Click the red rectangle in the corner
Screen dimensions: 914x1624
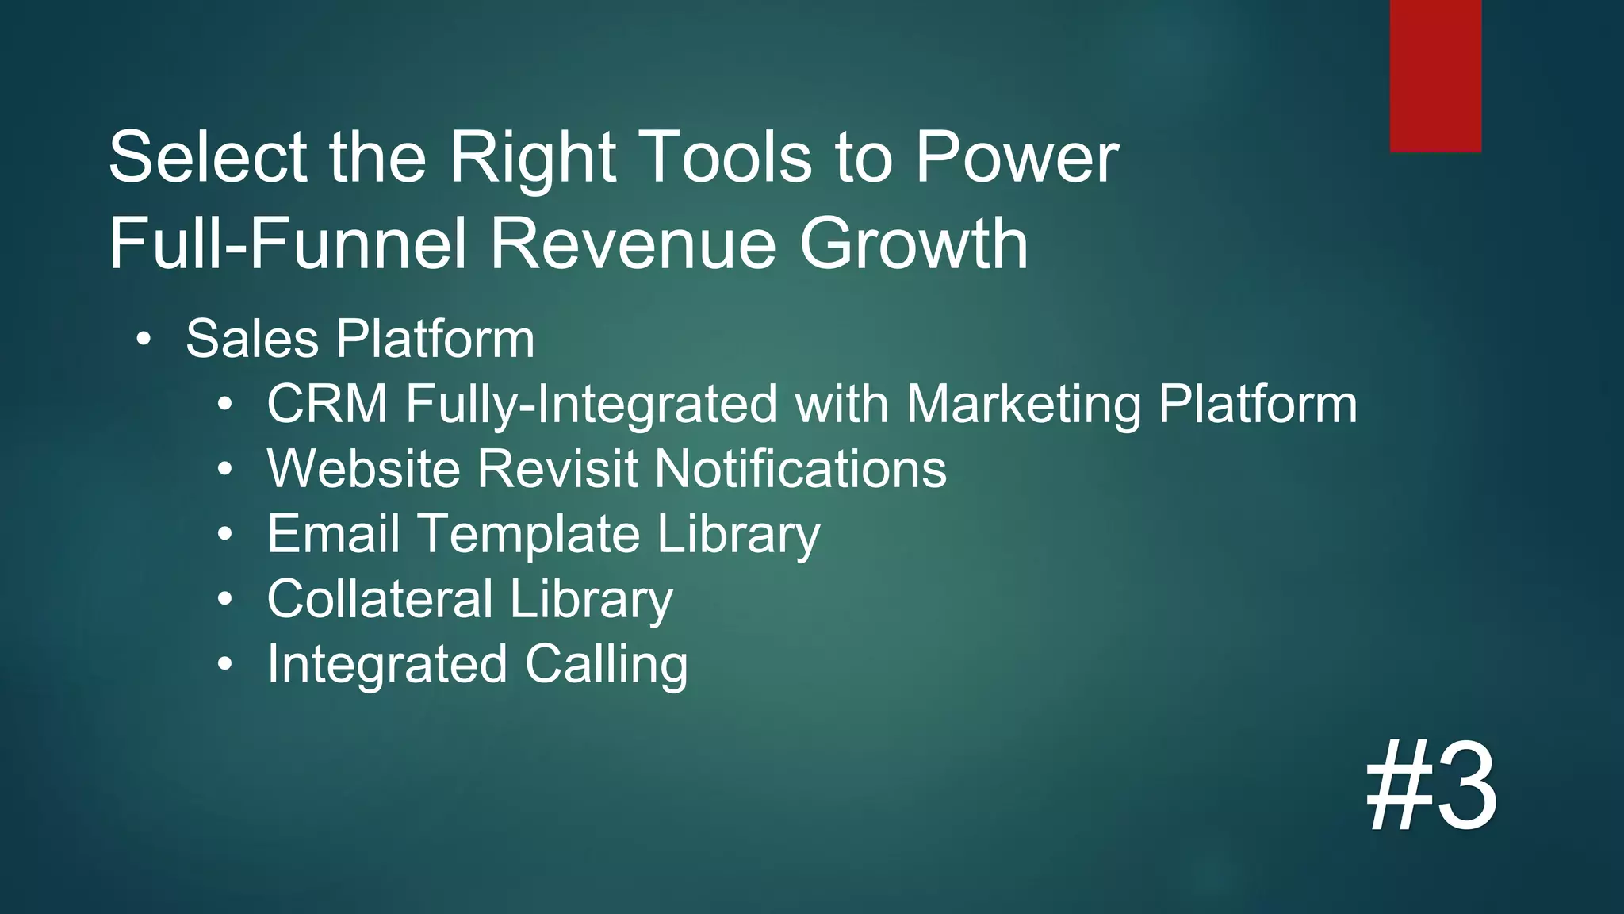[1435, 75]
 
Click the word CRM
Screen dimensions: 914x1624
[327, 404]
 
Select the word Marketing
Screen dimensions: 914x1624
[1024, 405]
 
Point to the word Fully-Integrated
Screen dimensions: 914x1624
[592, 405]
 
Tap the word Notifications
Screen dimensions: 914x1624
[801, 469]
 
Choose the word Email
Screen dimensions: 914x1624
[333, 534]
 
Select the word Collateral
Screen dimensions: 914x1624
[380, 599]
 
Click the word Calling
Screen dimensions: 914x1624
[606, 665]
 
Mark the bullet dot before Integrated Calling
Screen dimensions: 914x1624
[225, 664]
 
